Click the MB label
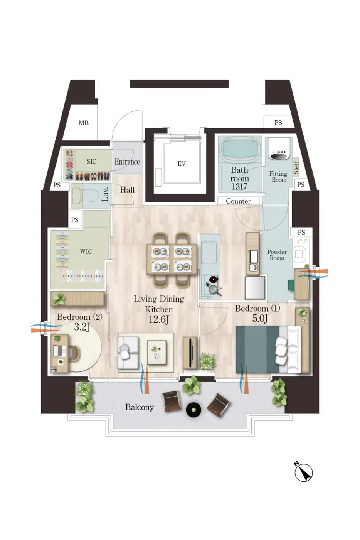click(84, 123)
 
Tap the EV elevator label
click(182, 164)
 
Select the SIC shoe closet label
click(91, 162)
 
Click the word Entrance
click(127, 162)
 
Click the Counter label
click(238, 201)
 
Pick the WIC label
click(86, 251)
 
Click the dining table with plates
click(172, 259)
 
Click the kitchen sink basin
click(209, 252)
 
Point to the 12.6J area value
click(158, 320)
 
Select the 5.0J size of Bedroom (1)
click(260, 319)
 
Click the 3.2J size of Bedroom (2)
click(82, 327)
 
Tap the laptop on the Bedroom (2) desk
click(58, 351)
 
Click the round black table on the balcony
click(193, 410)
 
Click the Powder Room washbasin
click(299, 254)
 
